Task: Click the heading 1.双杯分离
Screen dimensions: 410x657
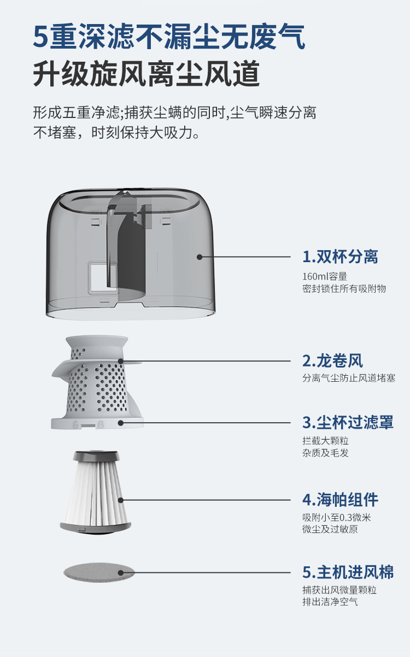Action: pos(340,257)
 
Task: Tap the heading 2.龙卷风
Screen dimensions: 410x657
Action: pos(332,361)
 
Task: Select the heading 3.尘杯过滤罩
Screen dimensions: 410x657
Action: pos(348,422)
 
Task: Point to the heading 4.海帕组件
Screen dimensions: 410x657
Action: pos(340,500)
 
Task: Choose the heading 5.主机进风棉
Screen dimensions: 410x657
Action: pos(348,572)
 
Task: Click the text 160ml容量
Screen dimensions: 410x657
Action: pos(325,276)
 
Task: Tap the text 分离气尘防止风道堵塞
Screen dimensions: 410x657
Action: pos(349,378)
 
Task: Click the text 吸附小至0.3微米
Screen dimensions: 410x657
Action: pos(337,518)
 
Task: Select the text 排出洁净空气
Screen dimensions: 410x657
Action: pos(330,602)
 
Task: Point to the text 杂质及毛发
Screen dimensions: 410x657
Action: pos(325,453)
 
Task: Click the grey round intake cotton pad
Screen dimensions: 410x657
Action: pos(99,572)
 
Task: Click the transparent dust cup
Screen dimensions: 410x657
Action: pos(131,254)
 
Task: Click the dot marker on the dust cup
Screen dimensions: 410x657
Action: pos(200,257)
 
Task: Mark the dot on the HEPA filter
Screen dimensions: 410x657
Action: pos(121,500)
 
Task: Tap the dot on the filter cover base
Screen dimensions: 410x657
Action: pos(121,423)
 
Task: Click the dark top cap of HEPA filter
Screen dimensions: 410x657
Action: pos(96,455)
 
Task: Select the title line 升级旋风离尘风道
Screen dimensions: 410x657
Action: pos(146,73)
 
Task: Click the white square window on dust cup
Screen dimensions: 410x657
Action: pos(103,278)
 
